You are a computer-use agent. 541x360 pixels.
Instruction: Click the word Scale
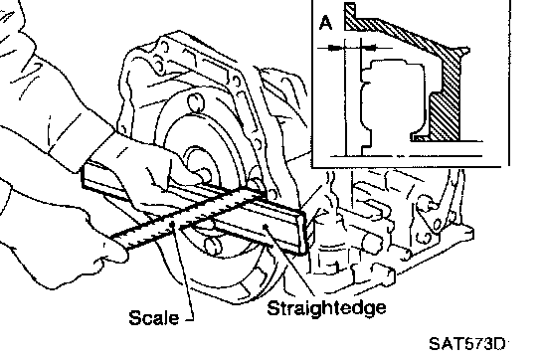tap(154, 317)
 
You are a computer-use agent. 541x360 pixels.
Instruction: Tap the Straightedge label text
tap(326, 308)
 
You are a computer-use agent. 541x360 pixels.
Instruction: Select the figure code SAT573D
tap(467, 344)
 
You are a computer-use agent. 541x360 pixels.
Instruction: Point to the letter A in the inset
tap(326, 23)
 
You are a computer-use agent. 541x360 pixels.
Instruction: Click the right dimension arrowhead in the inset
tap(370, 48)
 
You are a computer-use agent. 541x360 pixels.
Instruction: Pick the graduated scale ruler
tap(188, 219)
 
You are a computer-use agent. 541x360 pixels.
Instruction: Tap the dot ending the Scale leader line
tap(172, 225)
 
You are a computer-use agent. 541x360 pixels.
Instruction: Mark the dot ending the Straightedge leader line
tap(265, 226)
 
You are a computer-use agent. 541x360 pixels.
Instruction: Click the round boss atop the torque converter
tap(195, 102)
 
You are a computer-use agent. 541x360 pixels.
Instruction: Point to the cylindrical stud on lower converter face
tap(214, 244)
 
